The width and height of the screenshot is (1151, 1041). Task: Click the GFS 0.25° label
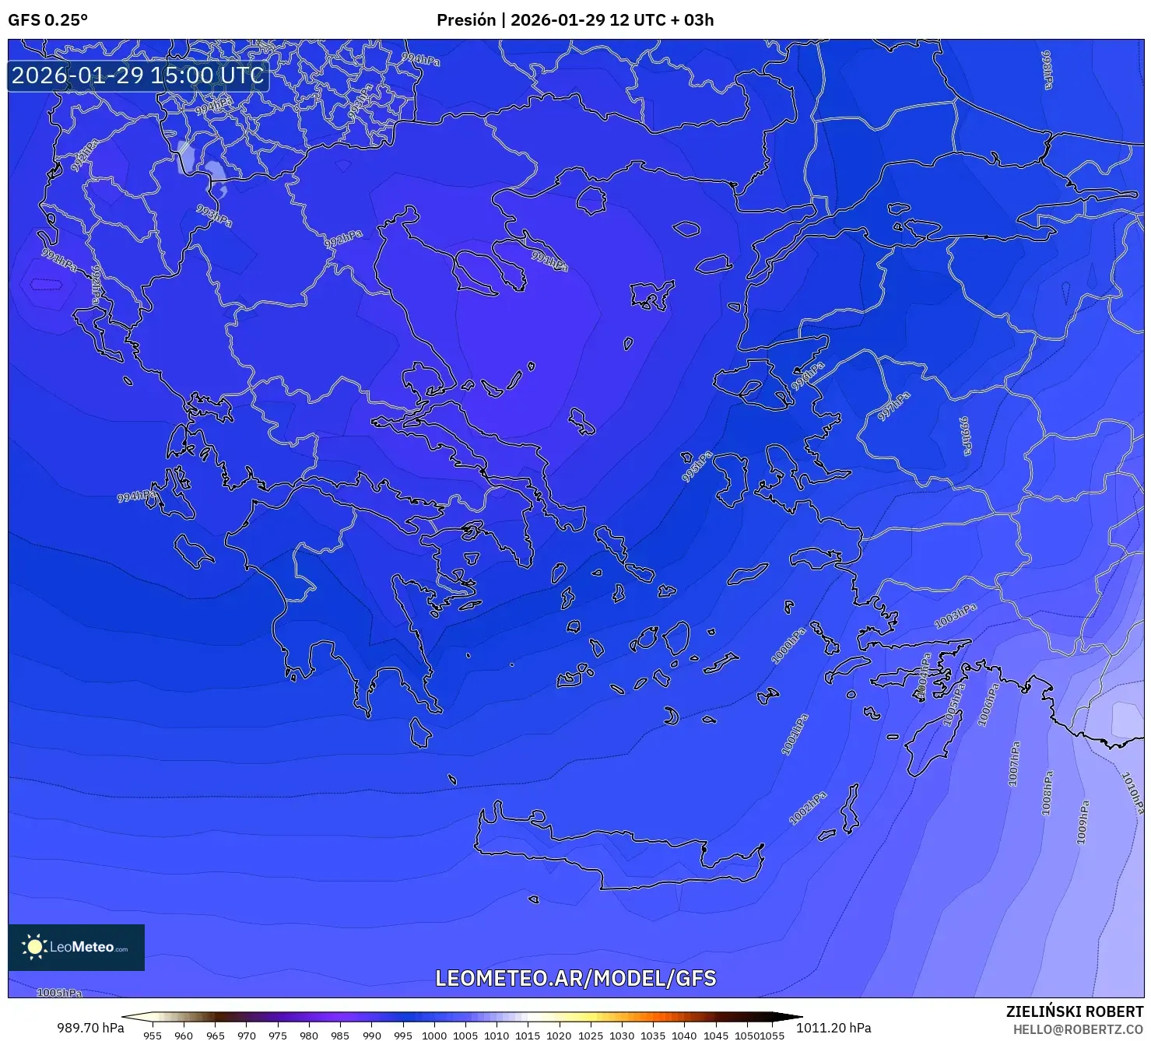(x=47, y=20)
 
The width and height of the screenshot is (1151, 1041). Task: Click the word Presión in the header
(x=465, y=20)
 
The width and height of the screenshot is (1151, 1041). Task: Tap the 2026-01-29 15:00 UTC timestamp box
(x=138, y=75)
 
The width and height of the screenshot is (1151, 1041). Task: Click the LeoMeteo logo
(x=76, y=947)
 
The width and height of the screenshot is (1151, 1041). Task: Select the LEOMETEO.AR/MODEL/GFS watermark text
(x=575, y=978)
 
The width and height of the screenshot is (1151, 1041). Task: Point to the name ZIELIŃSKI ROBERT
(x=1074, y=1012)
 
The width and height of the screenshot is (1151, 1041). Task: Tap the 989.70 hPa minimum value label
(x=90, y=1028)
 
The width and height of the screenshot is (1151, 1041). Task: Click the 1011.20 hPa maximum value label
(x=833, y=1028)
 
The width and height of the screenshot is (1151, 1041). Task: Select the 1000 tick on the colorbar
(x=434, y=1036)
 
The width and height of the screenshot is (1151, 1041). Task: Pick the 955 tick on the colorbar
(x=153, y=1036)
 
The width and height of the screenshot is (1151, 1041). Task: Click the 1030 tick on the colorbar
(x=622, y=1036)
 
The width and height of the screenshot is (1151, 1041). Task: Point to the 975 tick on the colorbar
(x=278, y=1036)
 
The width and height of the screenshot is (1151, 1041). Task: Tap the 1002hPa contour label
(x=808, y=808)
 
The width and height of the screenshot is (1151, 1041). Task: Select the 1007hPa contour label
(x=1014, y=764)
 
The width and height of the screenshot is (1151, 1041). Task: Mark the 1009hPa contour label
(x=1083, y=822)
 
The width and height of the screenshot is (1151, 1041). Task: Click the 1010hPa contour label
(x=1133, y=792)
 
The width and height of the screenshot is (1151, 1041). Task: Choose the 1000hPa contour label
(x=788, y=647)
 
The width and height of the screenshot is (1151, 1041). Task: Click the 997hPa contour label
(x=894, y=406)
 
